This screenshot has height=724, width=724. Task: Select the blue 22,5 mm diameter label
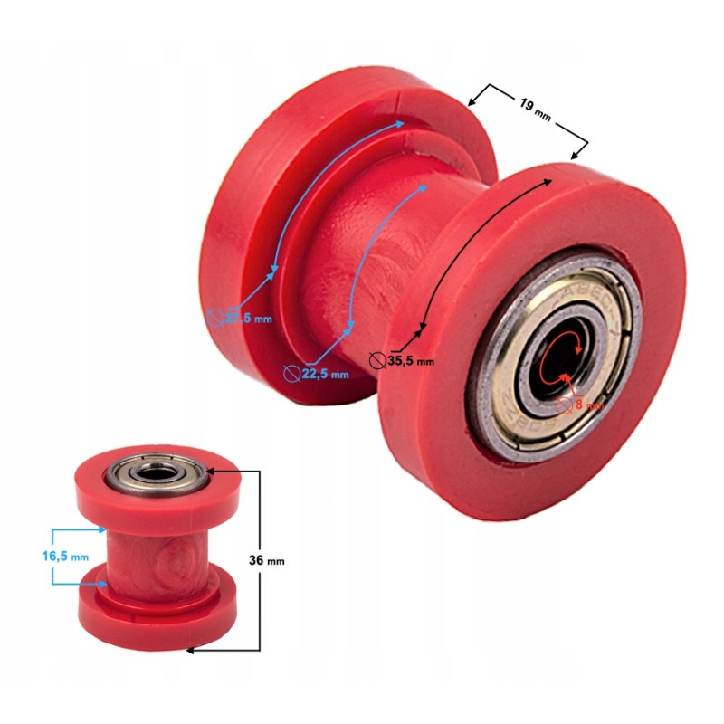point(321,372)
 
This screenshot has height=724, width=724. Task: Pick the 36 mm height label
point(267,560)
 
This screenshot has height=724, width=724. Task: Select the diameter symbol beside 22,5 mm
point(291,371)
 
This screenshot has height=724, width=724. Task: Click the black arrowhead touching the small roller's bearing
point(211,471)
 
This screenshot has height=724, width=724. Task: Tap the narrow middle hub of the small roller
point(149,552)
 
